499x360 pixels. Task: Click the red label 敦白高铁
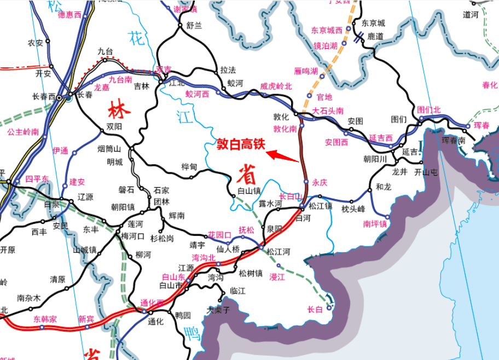pyautogui.click(x=241, y=144)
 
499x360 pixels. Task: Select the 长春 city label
pyautogui.click(x=85, y=95)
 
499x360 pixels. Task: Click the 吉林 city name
pyautogui.click(x=141, y=86)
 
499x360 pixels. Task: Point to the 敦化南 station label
pyautogui.click(x=285, y=130)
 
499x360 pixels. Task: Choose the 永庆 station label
pyautogui.click(x=320, y=183)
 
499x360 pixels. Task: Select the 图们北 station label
pyautogui.click(x=428, y=109)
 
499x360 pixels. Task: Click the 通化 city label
pyautogui.click(x=156, y=322)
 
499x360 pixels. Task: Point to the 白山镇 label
pyautogui.click(x=248, y=190)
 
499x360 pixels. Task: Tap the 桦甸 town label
pyautogui.click(x=189, y=167)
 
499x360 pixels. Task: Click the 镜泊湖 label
pyautogui.click(x=324, y=46)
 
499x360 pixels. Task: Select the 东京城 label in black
pyautogui.click(x=373, y=23)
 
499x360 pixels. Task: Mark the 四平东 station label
pyautogui.click(x=37, y=179)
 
